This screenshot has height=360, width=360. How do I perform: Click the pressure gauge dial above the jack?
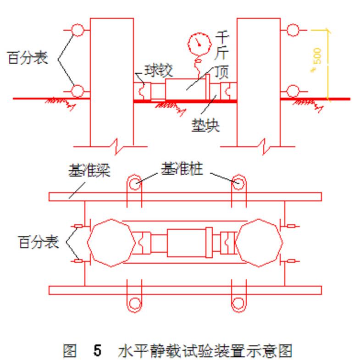[197, 43]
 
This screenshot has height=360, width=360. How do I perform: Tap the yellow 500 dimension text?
[317, 57]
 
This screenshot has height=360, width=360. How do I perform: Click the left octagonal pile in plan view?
[111, 243]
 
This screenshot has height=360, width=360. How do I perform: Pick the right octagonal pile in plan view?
[259, 243]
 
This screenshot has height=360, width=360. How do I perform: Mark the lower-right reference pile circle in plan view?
[238, 303]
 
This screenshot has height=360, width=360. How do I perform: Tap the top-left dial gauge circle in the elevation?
[78, 30]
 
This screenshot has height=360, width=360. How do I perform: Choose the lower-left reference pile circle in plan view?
[134, 303]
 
